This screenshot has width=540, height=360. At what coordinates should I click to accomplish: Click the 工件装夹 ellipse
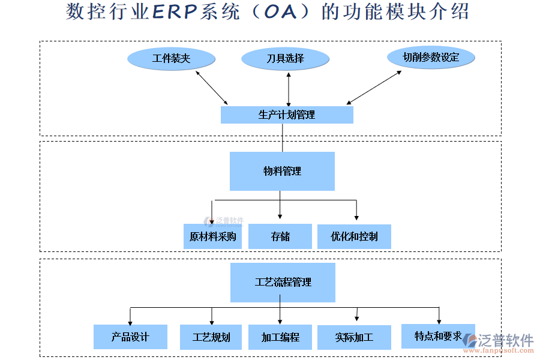click(x=171, y=59)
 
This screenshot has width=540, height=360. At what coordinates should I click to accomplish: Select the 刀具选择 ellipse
click(x=285, y=59)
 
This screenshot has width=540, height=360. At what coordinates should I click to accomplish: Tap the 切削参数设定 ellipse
click(x=431, y=58)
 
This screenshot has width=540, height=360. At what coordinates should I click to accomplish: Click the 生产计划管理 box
click(x=287, y=115)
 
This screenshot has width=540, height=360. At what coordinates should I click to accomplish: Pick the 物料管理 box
click(x=282, y=171)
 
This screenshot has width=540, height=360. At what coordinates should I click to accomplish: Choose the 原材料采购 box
click(x=212, y=236)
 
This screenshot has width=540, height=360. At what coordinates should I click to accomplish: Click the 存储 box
click(x=280, y=236)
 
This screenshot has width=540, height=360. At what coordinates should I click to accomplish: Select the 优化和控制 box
click(x=354, y=236)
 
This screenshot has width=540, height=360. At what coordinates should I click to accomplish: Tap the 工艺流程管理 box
click(x=283, y=282)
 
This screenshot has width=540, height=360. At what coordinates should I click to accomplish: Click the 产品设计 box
click(x=130, y=337)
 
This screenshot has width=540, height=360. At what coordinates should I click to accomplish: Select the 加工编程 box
click(x=280, y=337)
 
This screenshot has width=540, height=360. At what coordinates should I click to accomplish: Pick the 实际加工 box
click(x=354, y=337)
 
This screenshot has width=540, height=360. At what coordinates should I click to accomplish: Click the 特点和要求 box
click(x=438, y=336)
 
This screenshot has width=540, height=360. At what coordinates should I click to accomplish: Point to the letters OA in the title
click(x=281, y=12)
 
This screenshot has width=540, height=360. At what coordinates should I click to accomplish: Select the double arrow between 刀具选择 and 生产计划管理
click(x=289, y=89)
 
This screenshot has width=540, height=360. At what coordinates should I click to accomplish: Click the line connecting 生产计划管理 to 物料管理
click(x=282, y=137)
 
